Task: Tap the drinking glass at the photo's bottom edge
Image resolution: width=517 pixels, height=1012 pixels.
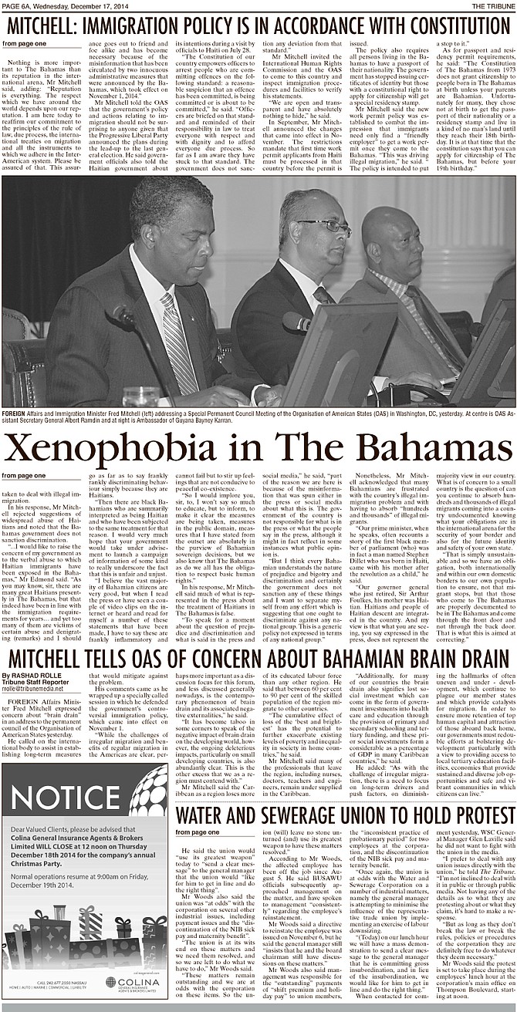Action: (139, 396)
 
